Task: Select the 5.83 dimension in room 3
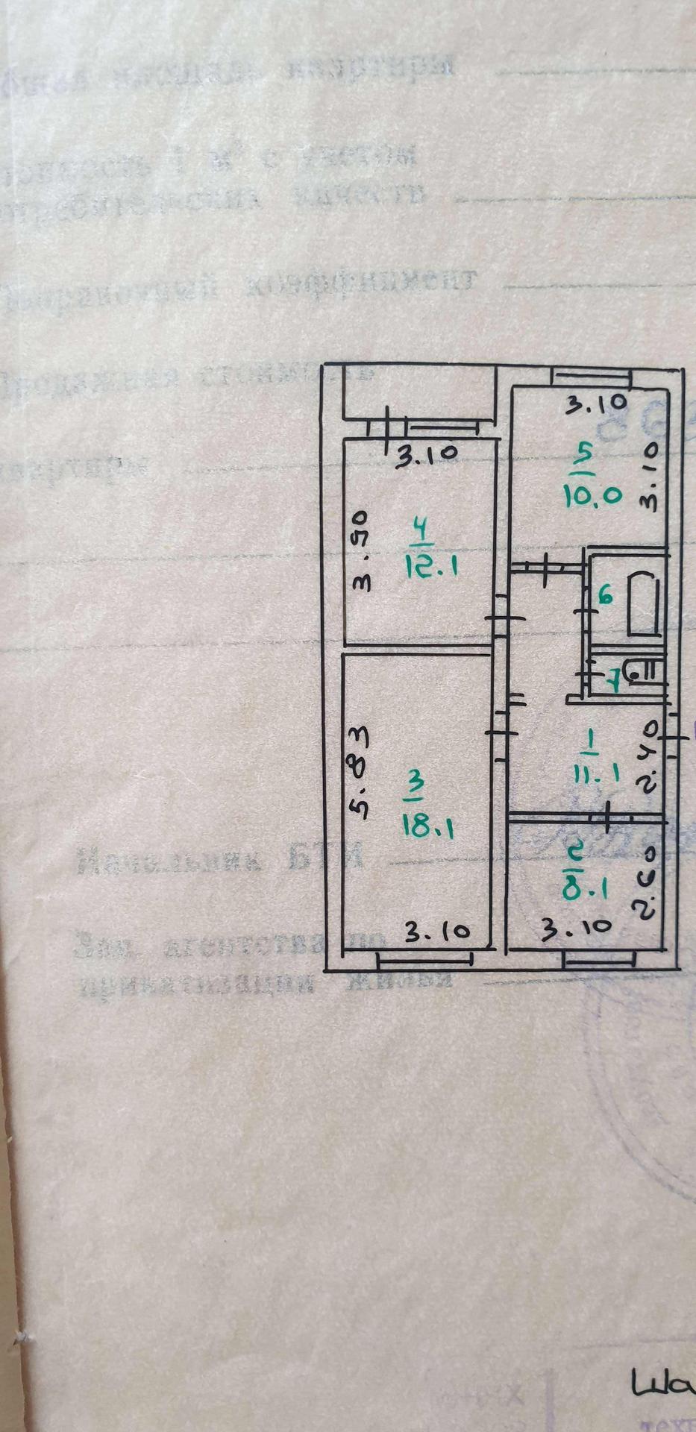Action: click(360, 773)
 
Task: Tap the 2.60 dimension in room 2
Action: click(646, 882)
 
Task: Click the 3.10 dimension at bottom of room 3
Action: click(437, 931)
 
